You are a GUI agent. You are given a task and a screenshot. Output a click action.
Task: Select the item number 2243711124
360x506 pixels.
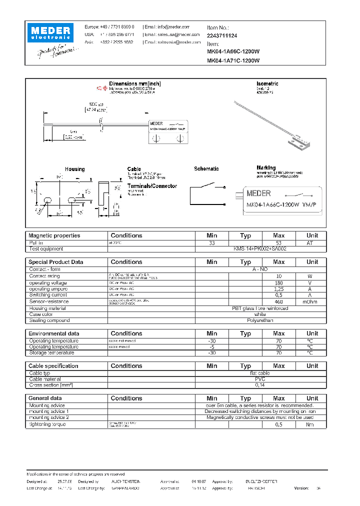[x=222, y=35]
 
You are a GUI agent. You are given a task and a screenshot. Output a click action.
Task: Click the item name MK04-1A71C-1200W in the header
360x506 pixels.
[x=233, y=60]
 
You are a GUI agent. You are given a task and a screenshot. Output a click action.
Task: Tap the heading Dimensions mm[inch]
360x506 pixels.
[x=135, y=83]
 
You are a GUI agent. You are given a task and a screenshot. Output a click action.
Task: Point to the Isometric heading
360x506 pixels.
[x=267, y=83]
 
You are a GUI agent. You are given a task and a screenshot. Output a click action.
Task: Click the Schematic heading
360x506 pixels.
[x=206, y=169]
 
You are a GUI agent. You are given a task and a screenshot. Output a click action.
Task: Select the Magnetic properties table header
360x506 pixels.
[x=54, y=235]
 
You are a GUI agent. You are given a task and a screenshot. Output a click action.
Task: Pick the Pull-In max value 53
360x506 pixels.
[x=278, y=242]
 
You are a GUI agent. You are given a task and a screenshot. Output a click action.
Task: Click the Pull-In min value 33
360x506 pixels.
[x=212, y=242]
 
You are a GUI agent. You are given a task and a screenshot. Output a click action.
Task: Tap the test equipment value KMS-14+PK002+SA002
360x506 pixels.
[x=260, y=248]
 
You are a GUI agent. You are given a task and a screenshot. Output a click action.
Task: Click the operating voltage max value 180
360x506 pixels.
[x=278, y=283]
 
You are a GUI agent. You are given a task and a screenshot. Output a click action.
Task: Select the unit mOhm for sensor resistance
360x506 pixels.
[x=312, y=301]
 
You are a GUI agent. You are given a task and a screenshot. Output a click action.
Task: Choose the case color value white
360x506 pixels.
[x=260, y=314]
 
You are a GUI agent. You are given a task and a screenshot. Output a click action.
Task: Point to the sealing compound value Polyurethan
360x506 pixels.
[x=260, y=320]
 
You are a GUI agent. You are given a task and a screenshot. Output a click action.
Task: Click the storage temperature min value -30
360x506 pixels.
[x=212, y=353]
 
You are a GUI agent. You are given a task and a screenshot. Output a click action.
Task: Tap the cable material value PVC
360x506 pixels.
[x=260, y=379]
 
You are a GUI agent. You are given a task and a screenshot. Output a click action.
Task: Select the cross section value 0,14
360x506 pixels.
[x=260, y=385]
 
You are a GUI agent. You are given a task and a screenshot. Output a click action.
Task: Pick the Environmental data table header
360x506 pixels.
[x=53, y=333]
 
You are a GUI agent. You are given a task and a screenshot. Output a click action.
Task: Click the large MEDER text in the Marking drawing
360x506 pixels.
[x=259, y=193]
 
